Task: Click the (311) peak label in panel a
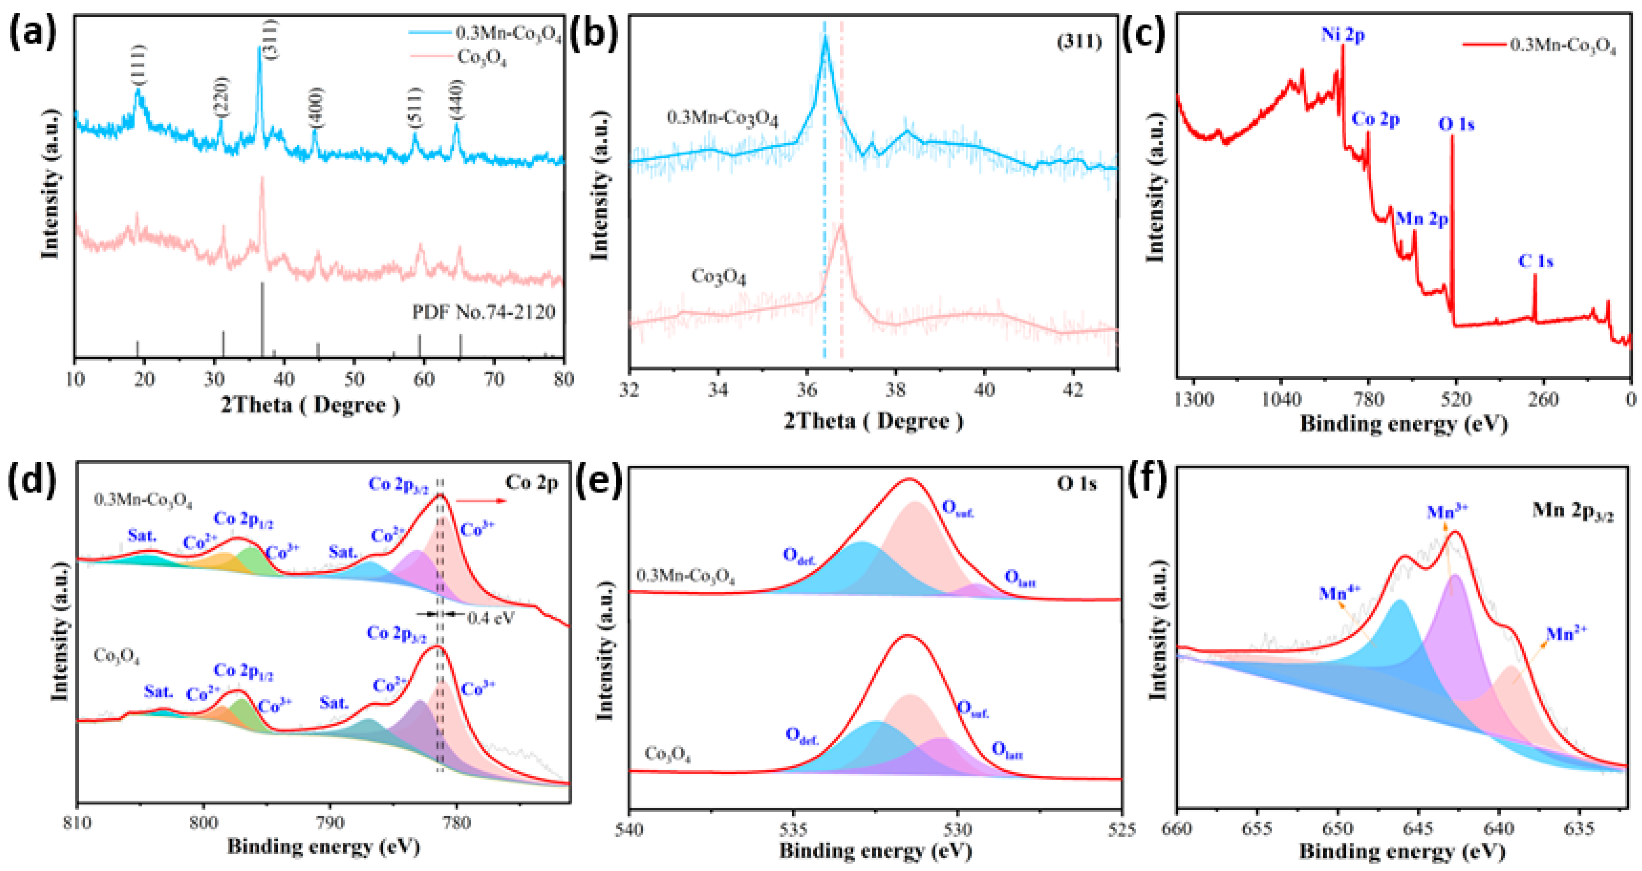click(x=271, y=39)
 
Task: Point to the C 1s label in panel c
click(x=1536, y=261)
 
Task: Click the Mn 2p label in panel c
click(x=1422, y=219)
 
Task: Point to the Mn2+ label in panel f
click(x=1566, y=633)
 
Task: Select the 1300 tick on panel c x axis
click(x=1194, y=400)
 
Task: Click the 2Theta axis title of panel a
click(x=310, y=405)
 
